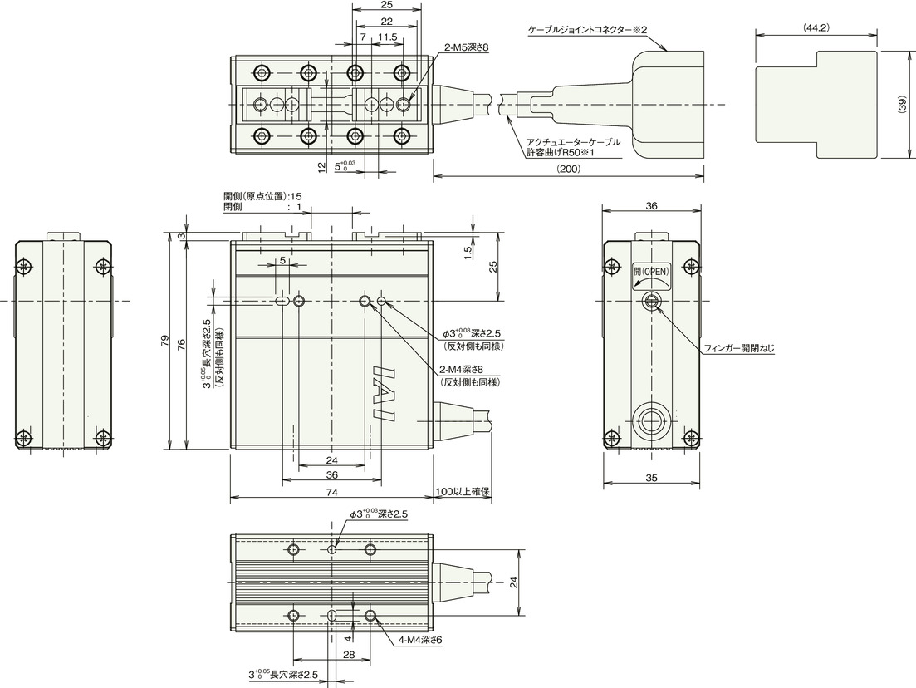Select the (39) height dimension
point(903,104)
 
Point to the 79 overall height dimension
point(164,341)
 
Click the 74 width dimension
point(331,492)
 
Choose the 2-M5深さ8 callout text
point(466,48)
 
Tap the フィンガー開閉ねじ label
point(739,349)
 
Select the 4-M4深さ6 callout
point(420,641)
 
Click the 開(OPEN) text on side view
point(651,272)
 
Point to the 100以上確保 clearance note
point(462,492)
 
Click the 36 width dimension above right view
point(651,206)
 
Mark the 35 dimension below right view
point(651,478)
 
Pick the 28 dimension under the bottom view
point(349,656)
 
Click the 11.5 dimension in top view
point(387,37)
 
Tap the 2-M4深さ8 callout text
point(461,369)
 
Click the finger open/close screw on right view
point(651,302)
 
